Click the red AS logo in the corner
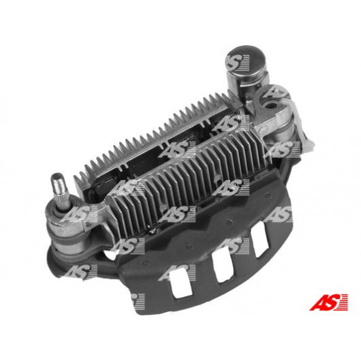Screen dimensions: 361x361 (x=328, y=302)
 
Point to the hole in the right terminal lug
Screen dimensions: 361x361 (x=272, y=106)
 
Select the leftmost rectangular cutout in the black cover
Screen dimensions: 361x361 (x=181, y=283)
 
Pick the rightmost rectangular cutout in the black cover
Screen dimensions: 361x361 (x=260, y=240)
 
